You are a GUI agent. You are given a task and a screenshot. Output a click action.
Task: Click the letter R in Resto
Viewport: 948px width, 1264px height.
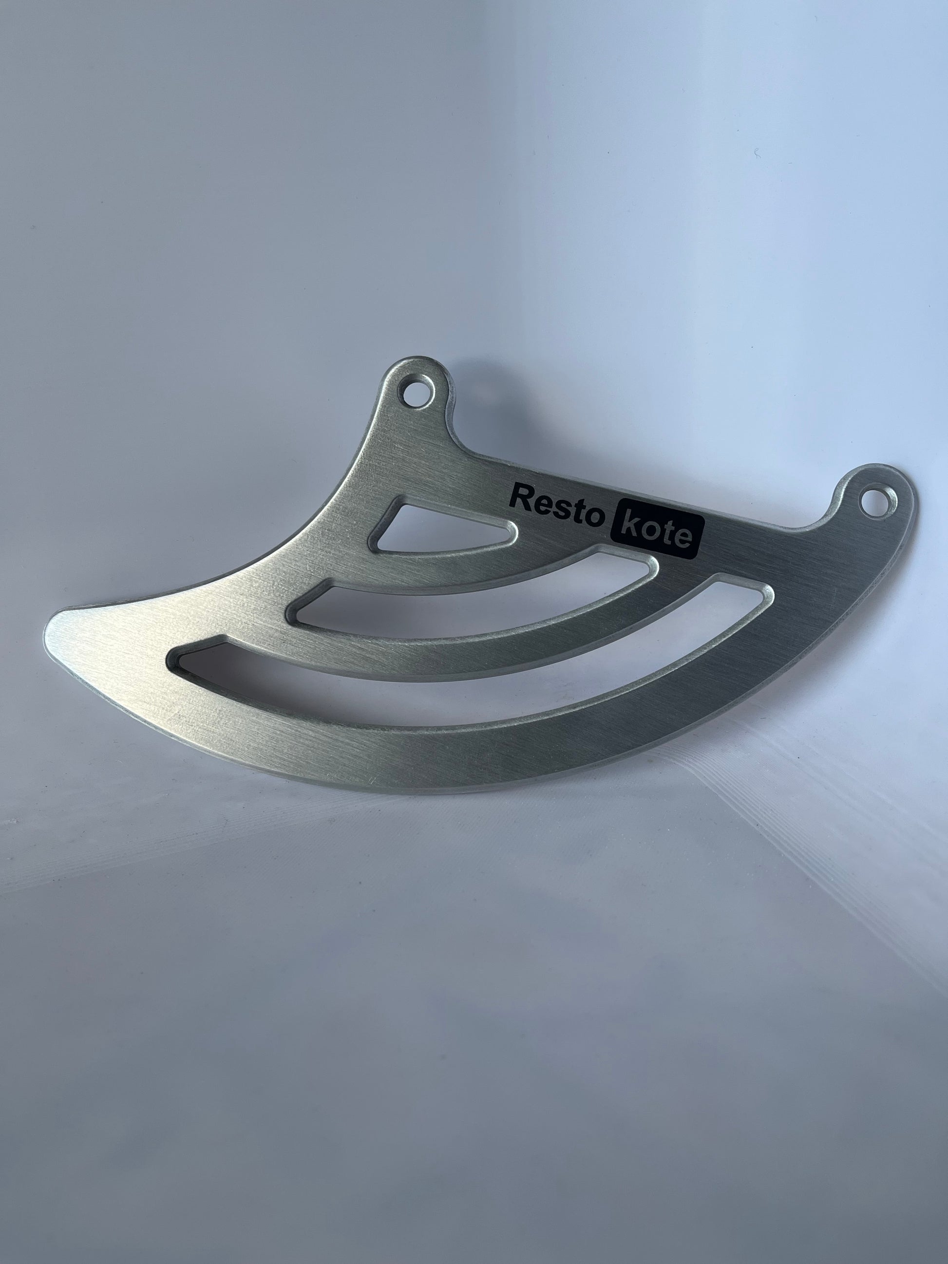tap(519, 496)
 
